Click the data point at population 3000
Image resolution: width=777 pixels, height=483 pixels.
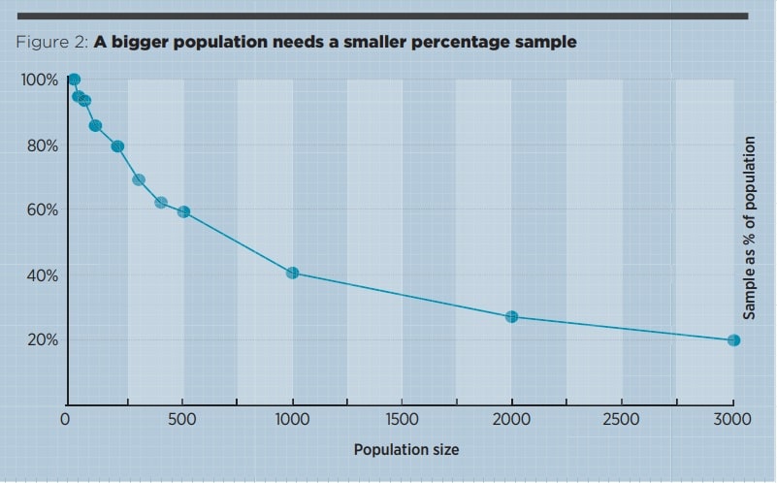pos(733,340)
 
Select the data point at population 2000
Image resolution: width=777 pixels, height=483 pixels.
pos(511,317)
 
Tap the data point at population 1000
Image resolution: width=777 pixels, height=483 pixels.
pos(292,273)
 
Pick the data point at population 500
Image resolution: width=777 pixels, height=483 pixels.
pos(183,211)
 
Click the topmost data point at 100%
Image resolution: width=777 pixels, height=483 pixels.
pos(74,80)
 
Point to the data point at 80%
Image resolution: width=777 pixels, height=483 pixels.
pos(117,146)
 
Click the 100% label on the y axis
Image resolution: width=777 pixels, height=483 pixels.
pos(39,80)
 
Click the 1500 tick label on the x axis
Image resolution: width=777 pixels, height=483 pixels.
pos(402,420)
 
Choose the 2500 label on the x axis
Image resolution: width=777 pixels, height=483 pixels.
pos(622,420)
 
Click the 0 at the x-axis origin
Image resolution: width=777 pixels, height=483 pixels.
pos(65,420)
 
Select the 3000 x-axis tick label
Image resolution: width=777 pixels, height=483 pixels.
pos(732,420)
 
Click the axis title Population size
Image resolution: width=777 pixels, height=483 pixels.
pos(405,450)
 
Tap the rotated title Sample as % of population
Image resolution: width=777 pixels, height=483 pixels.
pos(749,228)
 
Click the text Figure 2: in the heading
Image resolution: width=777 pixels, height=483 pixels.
pos(52,43)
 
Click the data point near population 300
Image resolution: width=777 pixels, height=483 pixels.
pos(139,180)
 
